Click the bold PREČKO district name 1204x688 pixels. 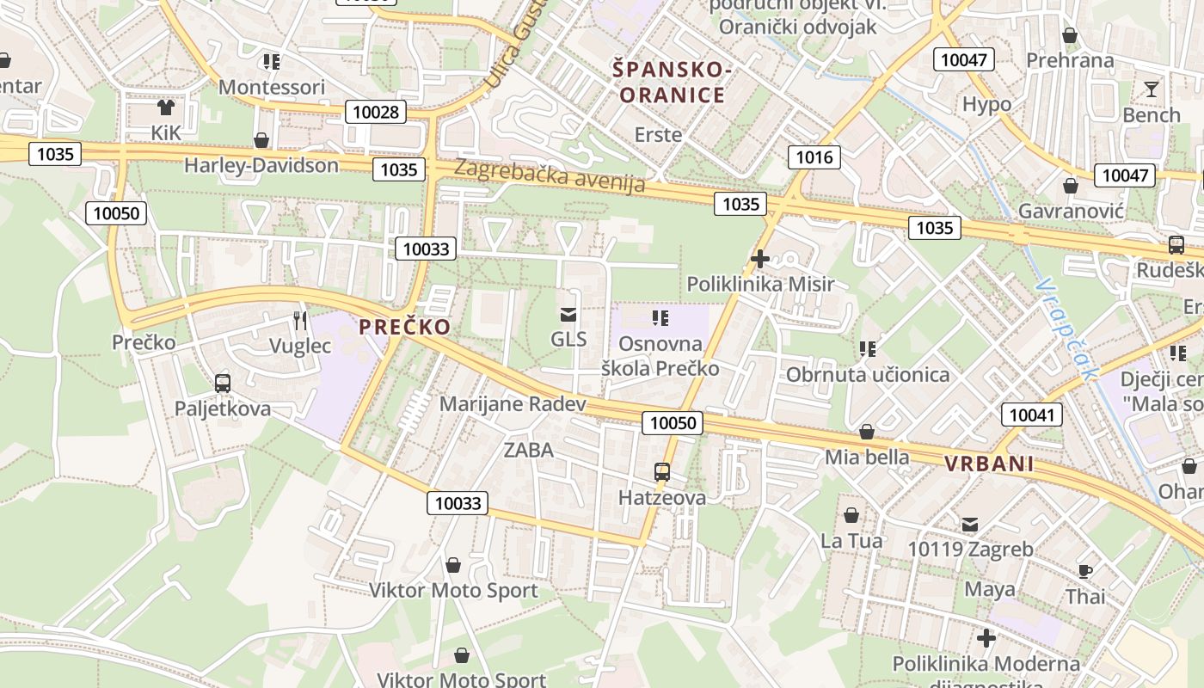pos(404,327)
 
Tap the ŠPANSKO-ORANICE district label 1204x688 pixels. pos(673,82)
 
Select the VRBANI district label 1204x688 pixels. pos(989,464)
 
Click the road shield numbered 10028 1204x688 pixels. pos(376,112)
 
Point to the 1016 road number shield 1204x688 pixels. pos(814,157)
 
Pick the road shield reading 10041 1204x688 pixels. pos(1031,415)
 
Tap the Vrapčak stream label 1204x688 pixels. pos(1067,328)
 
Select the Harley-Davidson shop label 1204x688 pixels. pos(261,165)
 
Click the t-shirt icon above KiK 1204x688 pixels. pos(166,107)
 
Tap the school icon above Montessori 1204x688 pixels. pos(272,61)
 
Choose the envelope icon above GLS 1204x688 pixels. pos(568,314)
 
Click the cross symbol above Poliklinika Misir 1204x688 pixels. pos(760,258)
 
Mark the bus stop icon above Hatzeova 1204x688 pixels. pos(662,471)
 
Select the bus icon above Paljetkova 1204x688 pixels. pos(223,383)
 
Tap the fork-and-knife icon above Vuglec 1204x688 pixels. pos(300,320)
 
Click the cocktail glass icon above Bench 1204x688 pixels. pos(1152,89)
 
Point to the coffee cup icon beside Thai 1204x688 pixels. pos(1085,570)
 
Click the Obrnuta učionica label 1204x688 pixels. pos(868,375)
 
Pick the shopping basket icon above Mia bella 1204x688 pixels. pos(867,432)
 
